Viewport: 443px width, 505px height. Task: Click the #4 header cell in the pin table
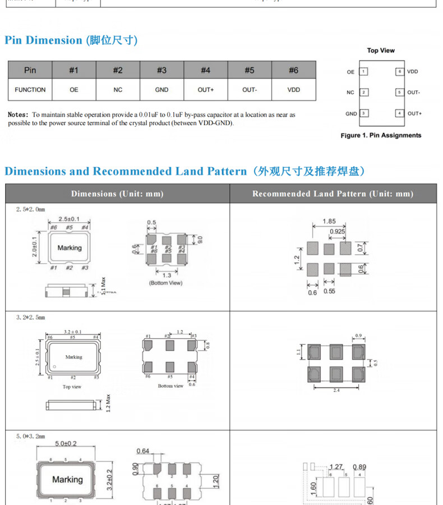click(205, 70)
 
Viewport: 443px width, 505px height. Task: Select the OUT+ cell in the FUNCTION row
click(205, 90)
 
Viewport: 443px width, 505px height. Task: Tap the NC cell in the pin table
click(118, 90)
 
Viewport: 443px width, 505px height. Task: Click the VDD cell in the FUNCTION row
click(293, 90)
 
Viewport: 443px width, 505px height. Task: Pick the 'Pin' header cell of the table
click(30, 70)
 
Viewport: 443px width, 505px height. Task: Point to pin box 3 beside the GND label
click(364, 113)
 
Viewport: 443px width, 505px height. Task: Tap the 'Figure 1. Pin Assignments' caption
click(381, 135)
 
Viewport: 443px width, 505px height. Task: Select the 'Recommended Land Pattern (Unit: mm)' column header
click(333, 194)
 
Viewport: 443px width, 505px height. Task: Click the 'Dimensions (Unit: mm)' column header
click(117, 194)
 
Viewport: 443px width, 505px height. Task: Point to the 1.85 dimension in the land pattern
click(329, 222)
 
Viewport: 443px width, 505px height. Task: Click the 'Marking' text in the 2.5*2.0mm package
click(70, 247)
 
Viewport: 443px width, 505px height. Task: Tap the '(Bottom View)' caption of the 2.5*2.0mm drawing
click(165, 283)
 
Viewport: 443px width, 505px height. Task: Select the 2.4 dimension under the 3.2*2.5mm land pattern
click(336, 390)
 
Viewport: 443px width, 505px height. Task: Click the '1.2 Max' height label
click(108, 402)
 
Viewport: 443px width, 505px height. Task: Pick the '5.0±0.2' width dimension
click(67, 444)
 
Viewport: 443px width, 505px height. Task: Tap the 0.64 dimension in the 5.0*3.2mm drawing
click(144, 451)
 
